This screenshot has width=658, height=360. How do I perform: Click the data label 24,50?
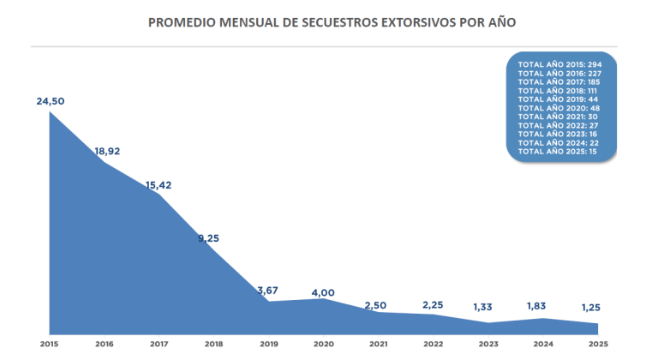(x=50, y=101)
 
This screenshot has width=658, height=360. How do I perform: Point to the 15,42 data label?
(x=159, y=184)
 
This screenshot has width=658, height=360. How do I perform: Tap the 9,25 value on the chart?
(x=209, y=238)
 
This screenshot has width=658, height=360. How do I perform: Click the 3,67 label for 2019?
(x=269, y=291)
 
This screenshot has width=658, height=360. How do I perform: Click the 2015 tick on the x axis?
(x=50, y=344)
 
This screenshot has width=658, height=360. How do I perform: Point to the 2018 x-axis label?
(x=214, y=344)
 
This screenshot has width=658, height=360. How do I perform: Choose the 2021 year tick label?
(x=379, y=344)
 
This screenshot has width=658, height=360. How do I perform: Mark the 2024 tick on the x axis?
(x=543, y=344)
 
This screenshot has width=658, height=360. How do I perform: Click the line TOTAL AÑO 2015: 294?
(x=560, y=64)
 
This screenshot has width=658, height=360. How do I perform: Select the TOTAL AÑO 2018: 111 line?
(x=560, y=90)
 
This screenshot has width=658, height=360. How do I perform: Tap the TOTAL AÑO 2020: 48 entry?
(x=560, y=107)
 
